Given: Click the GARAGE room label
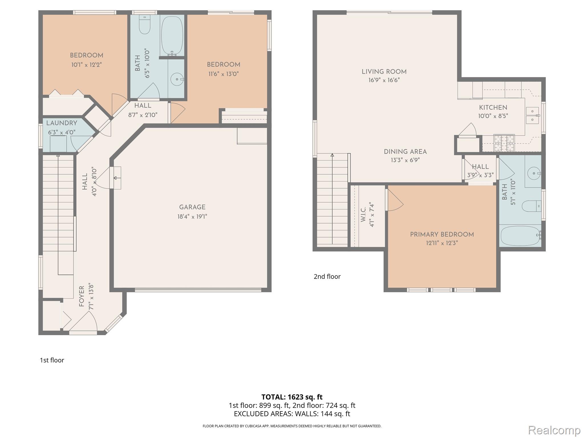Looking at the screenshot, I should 192,207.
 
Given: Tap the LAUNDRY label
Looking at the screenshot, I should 62,123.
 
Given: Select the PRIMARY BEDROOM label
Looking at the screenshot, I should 442,234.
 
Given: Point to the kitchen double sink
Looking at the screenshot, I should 532,115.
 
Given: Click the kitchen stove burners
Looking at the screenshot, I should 504,143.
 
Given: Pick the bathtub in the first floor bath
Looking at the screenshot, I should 172,36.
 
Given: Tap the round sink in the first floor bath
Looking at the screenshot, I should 177,79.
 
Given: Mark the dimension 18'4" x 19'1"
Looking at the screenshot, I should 192,216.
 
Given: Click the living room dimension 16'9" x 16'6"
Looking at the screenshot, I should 384,80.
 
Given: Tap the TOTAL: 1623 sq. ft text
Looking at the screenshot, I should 292,397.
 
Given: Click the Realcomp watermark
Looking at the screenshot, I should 554,430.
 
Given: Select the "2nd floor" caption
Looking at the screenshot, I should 327,276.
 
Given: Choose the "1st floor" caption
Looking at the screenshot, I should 52,360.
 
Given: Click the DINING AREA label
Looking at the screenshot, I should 405,152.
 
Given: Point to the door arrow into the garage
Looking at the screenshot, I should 115,178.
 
